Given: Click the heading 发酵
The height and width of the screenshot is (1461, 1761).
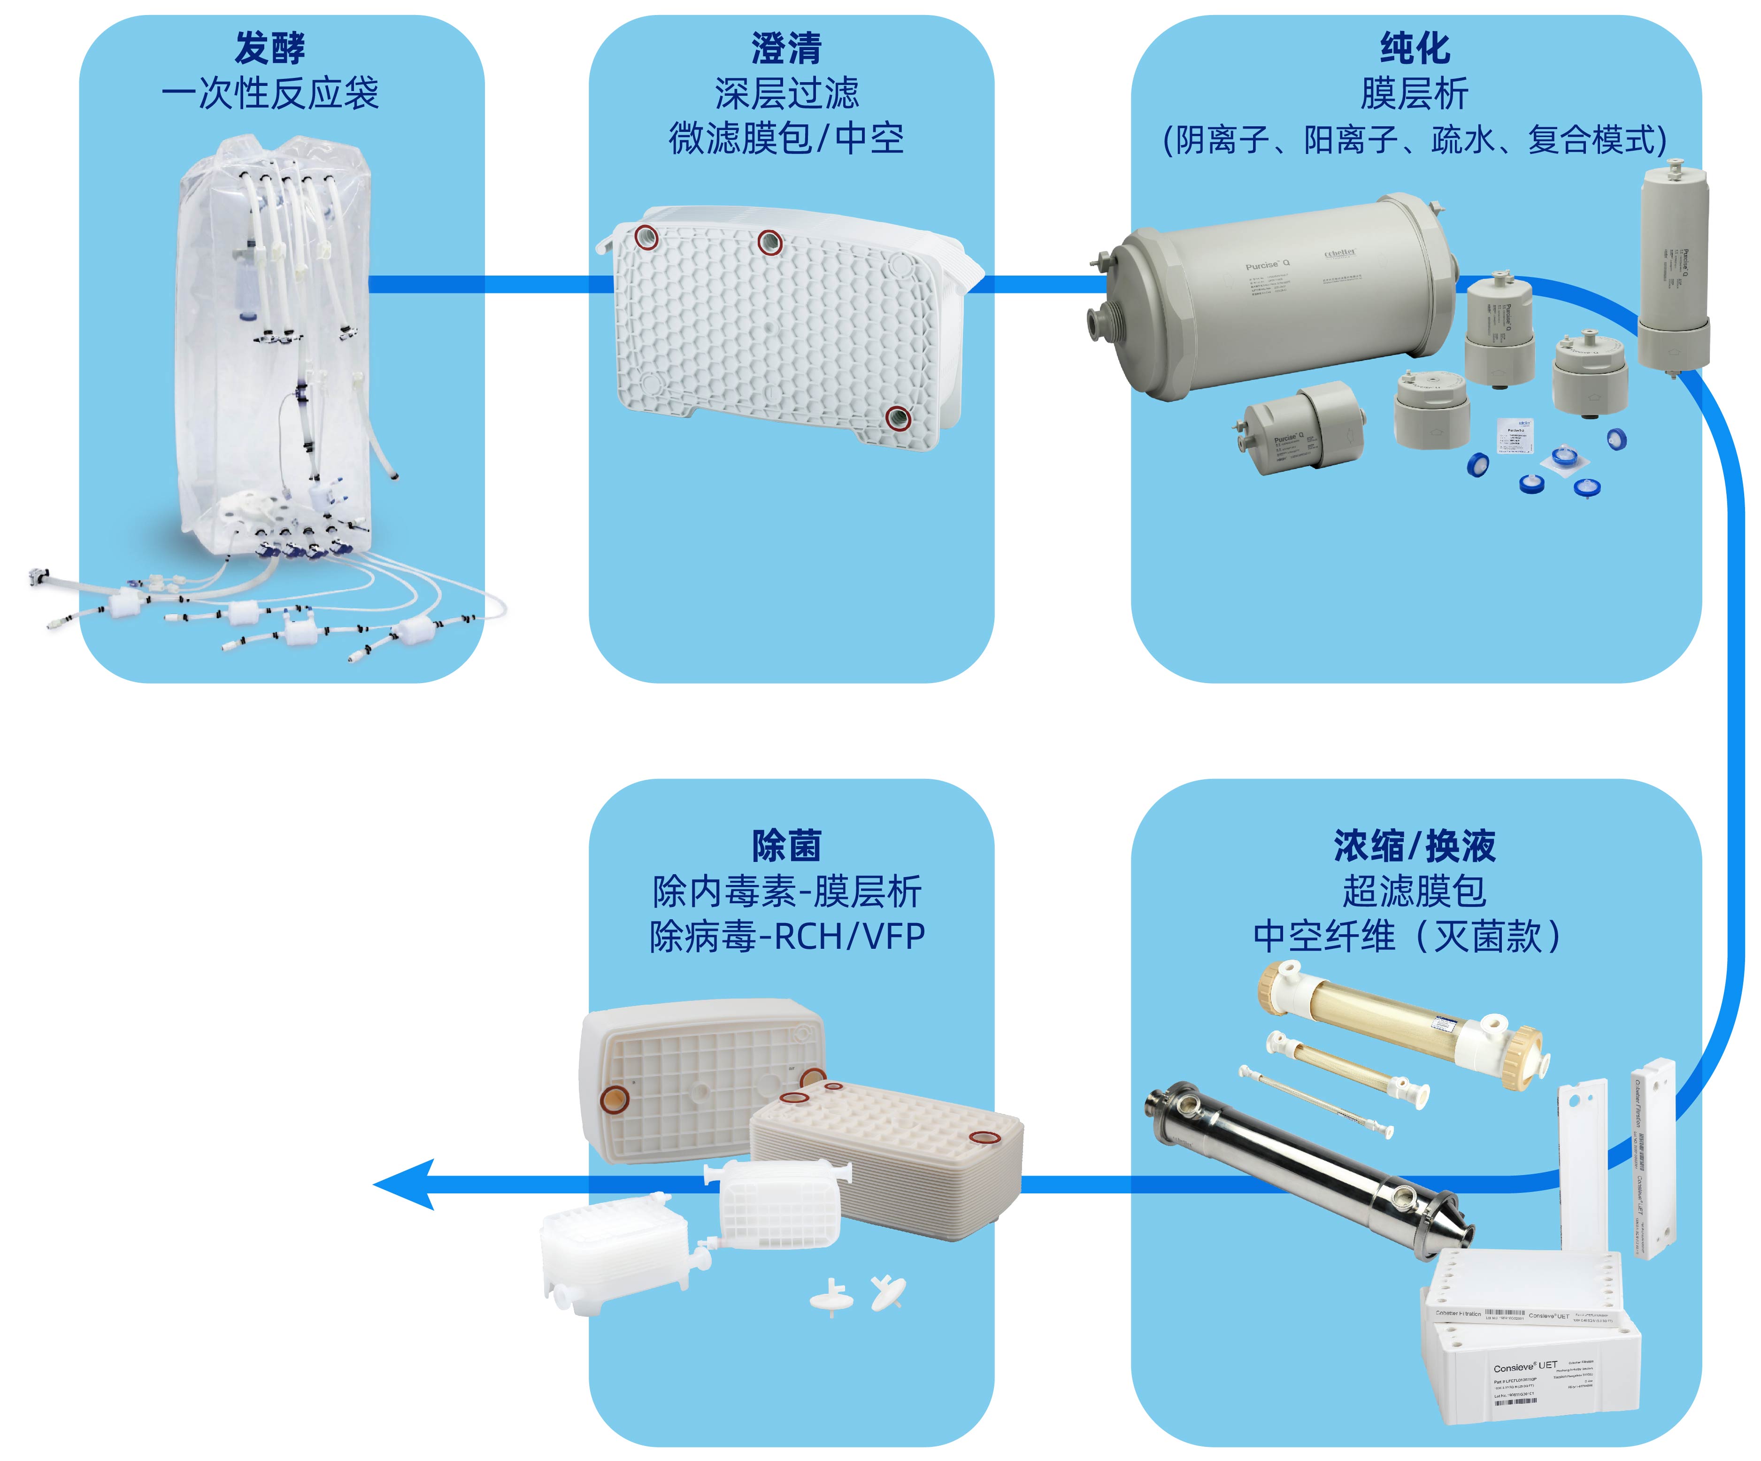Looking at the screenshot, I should click(x=270, y=48).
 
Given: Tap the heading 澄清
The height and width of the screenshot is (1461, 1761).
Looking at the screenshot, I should click(x=786, y=48).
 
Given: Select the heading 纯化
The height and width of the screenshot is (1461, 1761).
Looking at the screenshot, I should click(x=1415, y=48).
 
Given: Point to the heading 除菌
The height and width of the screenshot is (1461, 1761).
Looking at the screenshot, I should click(x=786, y=845).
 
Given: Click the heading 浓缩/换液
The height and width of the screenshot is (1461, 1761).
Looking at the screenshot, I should click(x=1415, y=845).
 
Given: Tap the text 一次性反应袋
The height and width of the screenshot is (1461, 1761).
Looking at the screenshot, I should click(x=270, y=93).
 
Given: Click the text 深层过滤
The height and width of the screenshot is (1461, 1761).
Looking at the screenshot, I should click(x=786, y=93).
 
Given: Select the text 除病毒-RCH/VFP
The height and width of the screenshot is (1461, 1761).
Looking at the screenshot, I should click(x=786, y=936).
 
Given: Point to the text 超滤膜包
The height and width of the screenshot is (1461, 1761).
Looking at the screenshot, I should click(x=1415, y=891).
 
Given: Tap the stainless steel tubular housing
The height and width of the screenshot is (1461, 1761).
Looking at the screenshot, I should click(x=1308, y=1170).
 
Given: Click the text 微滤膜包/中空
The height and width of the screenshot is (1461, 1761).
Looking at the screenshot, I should click(x=786, y=138).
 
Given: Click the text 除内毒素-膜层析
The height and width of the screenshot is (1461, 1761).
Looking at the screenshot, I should click(x=786, y=891).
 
